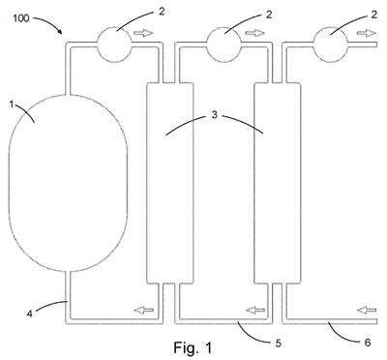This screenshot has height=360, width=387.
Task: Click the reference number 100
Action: pos(21,18)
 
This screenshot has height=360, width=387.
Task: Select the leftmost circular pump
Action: pos(114,45)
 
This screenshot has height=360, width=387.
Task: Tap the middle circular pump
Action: pos(223,45)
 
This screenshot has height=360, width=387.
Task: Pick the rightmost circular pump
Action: pos(331,45)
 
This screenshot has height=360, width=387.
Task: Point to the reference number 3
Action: pos(215,115)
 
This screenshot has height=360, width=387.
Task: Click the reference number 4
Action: pos(30,314)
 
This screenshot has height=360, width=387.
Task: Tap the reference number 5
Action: pos(279,344)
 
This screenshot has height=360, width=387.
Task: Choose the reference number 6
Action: pos(368,343)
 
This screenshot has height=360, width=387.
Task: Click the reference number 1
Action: pos(12,105)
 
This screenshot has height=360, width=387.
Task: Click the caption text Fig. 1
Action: pos(193,347)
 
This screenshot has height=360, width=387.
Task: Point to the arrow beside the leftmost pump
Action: pos(143,33)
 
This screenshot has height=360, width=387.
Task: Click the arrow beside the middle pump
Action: pos(255,33)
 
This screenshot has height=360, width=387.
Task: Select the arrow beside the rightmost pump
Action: pos(367,33)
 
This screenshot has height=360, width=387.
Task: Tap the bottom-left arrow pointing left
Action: pos(143,311)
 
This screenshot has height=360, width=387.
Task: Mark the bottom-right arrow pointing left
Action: pos(367,311)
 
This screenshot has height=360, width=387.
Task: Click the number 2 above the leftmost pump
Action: pos(162,12)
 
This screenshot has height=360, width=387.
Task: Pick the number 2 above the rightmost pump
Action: pos(373,15)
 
